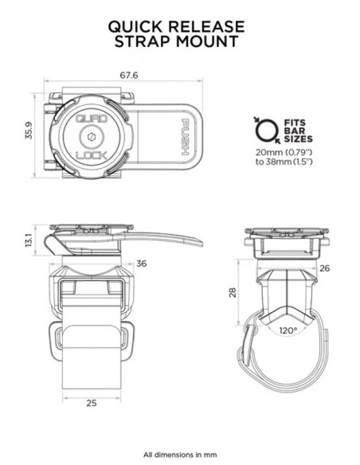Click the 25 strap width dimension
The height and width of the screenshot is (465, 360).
click(92, 402)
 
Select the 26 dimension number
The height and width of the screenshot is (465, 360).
click(323, 268)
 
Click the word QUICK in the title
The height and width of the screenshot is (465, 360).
click(137, 25)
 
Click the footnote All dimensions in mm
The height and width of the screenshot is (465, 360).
click(179, 448)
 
